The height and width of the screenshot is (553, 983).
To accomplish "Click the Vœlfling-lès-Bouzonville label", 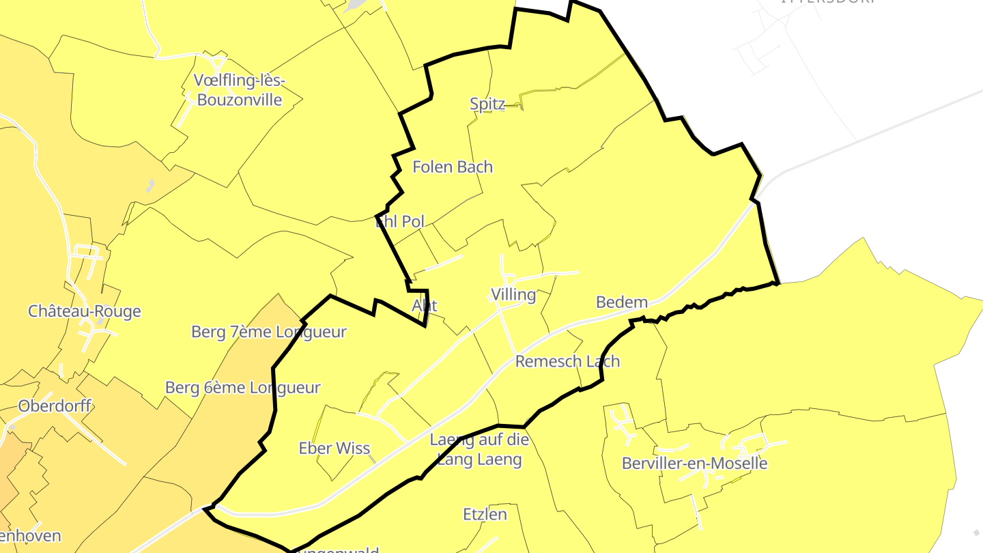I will click(x=239, y=90).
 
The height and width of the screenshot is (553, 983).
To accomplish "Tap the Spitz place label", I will click(x=487, y=104).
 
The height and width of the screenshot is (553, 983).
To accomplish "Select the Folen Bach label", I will click(x=453, y=167).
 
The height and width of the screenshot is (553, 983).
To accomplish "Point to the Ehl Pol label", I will click(x=401, y=221).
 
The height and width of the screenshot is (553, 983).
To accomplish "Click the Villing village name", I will click(x=513, y=295).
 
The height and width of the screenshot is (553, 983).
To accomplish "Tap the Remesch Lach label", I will click(x=567, y=361).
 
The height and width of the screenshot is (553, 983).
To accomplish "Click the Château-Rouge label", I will click(x=85, y=311).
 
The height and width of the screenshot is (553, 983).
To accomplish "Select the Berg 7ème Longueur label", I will click(x=269, y=332).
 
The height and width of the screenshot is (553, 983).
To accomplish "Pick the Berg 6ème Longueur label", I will click(x=243, y=388).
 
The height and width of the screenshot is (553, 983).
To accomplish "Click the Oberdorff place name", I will click(x=55, y=406).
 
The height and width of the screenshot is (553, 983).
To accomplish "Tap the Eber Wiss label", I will click(x=334, y=449).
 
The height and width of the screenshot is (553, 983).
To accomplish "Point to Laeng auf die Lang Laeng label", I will click(x=479, y=449).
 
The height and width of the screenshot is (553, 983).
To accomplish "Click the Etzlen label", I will click(x=485, y=514).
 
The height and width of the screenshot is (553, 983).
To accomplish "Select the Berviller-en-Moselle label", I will click(x=695, y=464).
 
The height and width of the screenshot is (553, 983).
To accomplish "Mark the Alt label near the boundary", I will click(x=425, y=305).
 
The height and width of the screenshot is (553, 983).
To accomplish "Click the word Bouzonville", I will click(x=239, y=100).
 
